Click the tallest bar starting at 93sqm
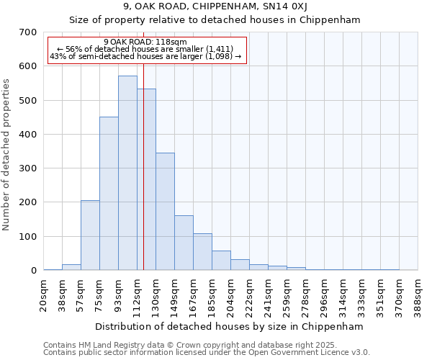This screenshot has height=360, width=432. pos(127,173)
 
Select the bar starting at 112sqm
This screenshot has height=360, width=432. pos(146,180)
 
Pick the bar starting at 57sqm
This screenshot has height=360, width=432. pos(90,235)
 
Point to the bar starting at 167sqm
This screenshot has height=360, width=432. pos(202,251)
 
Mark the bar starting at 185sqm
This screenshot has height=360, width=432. pos(221,260)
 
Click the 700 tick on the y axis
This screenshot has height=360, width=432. pos(28,32)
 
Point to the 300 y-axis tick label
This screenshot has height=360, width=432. pos(28,168)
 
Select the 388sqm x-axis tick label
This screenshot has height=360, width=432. pos(418,295)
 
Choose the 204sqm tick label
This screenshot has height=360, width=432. pos(231,295)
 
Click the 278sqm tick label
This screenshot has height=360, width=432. pos(306,295)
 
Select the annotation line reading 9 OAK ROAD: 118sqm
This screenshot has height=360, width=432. pos(145,42)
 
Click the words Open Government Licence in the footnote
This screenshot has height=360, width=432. pos(303,352)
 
